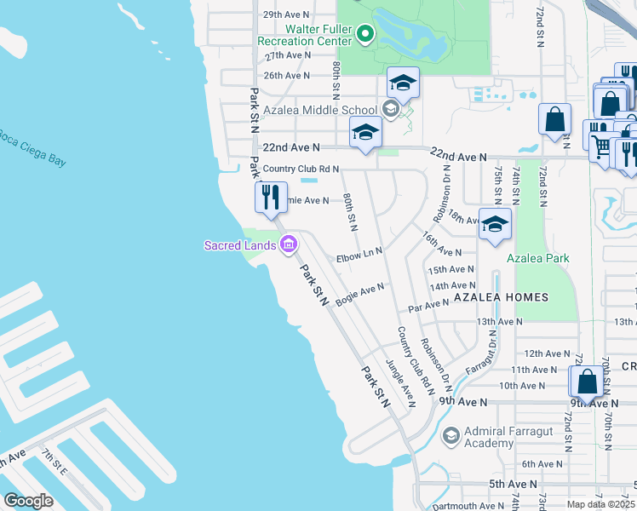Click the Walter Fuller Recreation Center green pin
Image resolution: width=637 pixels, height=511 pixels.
point(365,35)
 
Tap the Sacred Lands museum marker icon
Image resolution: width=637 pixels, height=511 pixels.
point(288,245)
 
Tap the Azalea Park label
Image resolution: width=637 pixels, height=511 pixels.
point(538,258)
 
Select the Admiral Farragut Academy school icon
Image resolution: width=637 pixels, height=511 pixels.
point(450,437)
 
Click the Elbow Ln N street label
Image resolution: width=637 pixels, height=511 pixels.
point(360,253)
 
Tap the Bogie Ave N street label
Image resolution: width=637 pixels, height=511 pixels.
point(360,295)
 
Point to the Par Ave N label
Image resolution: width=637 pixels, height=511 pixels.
point(428,304)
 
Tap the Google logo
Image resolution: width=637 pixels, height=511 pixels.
point(28,501)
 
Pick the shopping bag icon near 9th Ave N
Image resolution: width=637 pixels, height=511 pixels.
point(587,382)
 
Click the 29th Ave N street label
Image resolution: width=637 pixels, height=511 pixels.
point(286,15)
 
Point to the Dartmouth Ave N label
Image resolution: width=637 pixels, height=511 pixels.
point(465,505)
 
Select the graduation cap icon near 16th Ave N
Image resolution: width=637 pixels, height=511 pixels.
point(494,224)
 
